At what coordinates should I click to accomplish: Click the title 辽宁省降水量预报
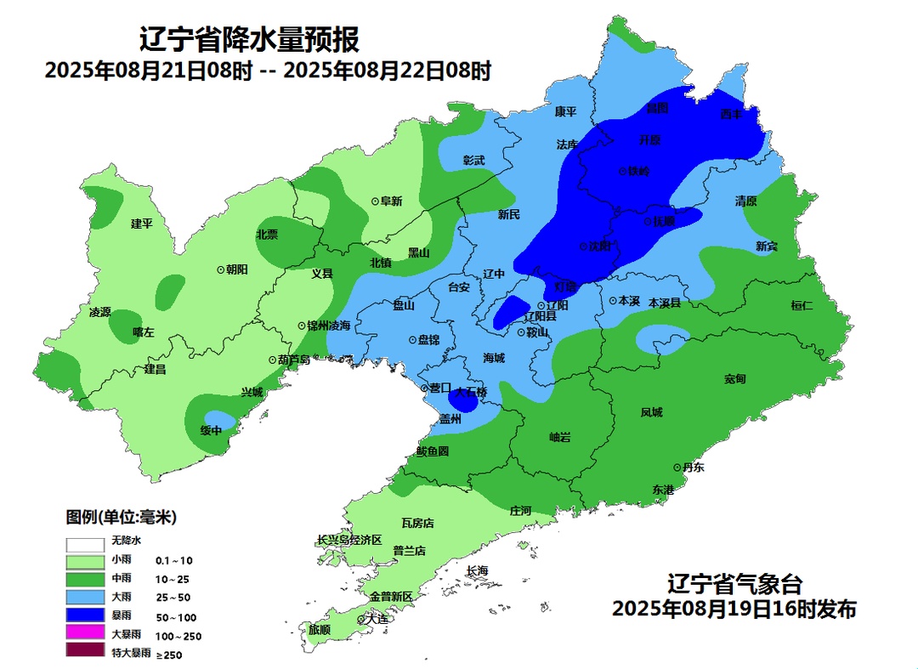tap(248, 39)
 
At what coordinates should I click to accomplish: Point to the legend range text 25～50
tap(173, 598)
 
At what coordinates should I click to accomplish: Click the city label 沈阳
tap(600, 246)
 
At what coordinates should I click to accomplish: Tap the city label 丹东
tap(693, 467)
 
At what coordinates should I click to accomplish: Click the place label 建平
tap(141, 224)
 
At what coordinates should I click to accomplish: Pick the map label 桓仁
tap(802, 304)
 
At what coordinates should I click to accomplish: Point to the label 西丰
tap(731, 113)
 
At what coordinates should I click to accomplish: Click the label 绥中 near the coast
tap(211, 430)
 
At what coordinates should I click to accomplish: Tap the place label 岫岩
tap(559, 437)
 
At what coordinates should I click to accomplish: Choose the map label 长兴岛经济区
tap(349, 540)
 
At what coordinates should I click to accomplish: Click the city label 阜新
tap(391, 201)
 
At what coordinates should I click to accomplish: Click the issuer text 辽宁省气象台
tap(734, 585)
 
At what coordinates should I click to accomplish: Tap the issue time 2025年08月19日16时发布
tap(734, 609)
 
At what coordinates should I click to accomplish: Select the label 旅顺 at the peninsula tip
tap(320, 630)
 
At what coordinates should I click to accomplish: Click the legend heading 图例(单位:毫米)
tap(122, 517)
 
